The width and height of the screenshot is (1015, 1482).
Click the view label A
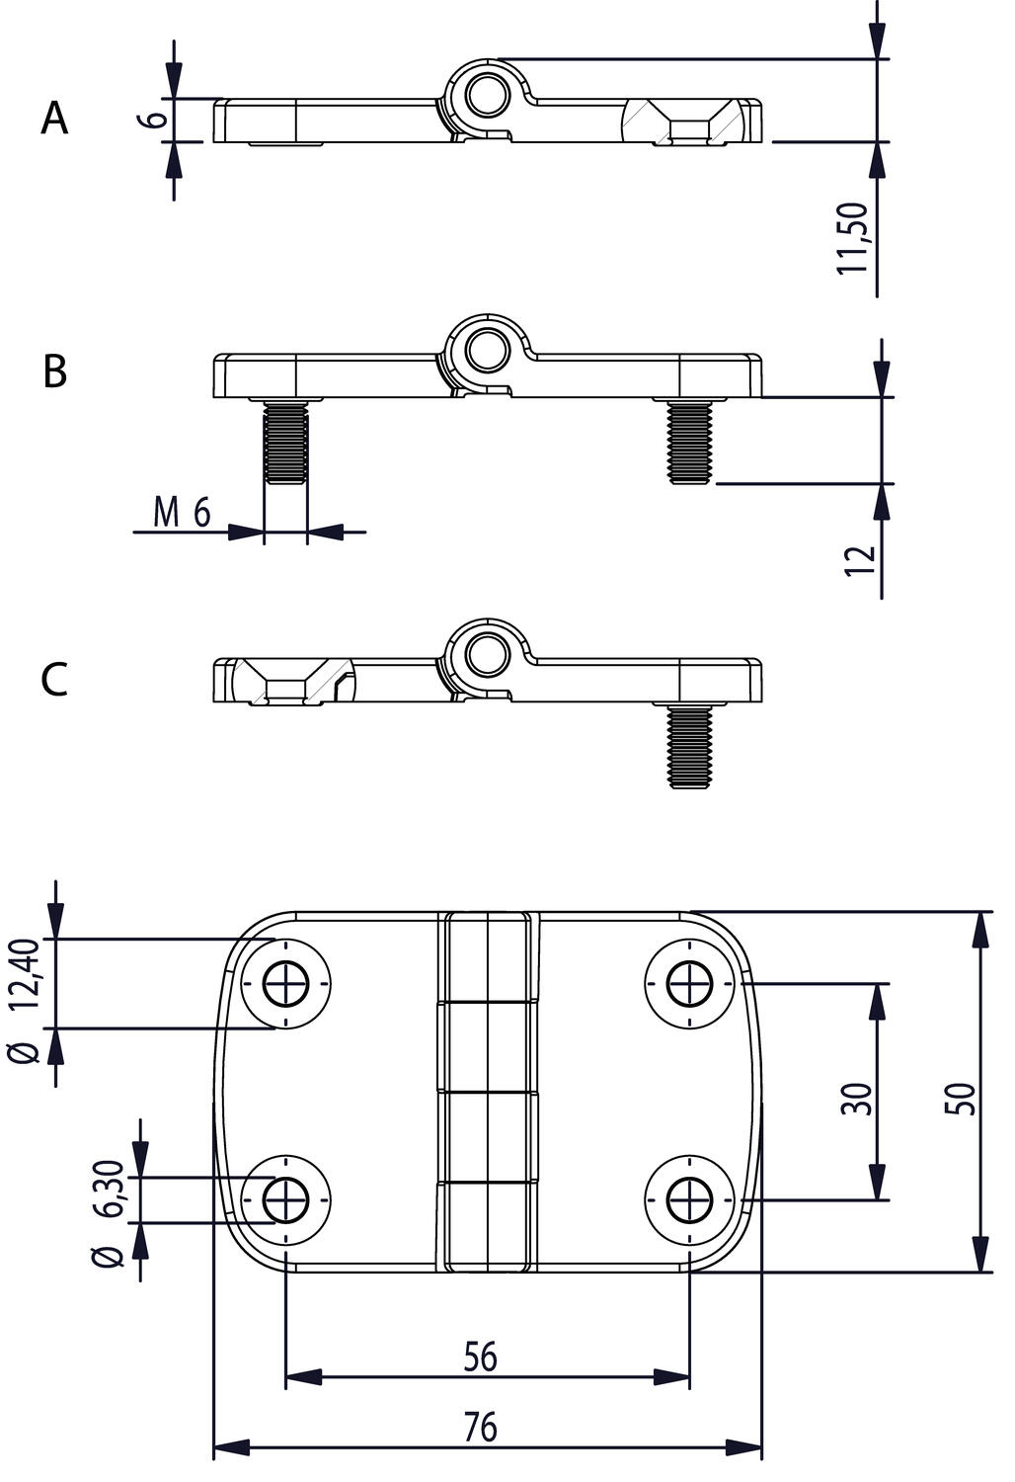tap(55, 120)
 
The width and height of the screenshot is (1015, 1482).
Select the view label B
tap(55, 372)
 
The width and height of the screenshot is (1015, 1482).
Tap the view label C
tap(55, 680)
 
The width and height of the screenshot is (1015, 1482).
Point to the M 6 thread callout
tap(183, 513)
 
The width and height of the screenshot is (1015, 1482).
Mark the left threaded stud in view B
tap(285, 445)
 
